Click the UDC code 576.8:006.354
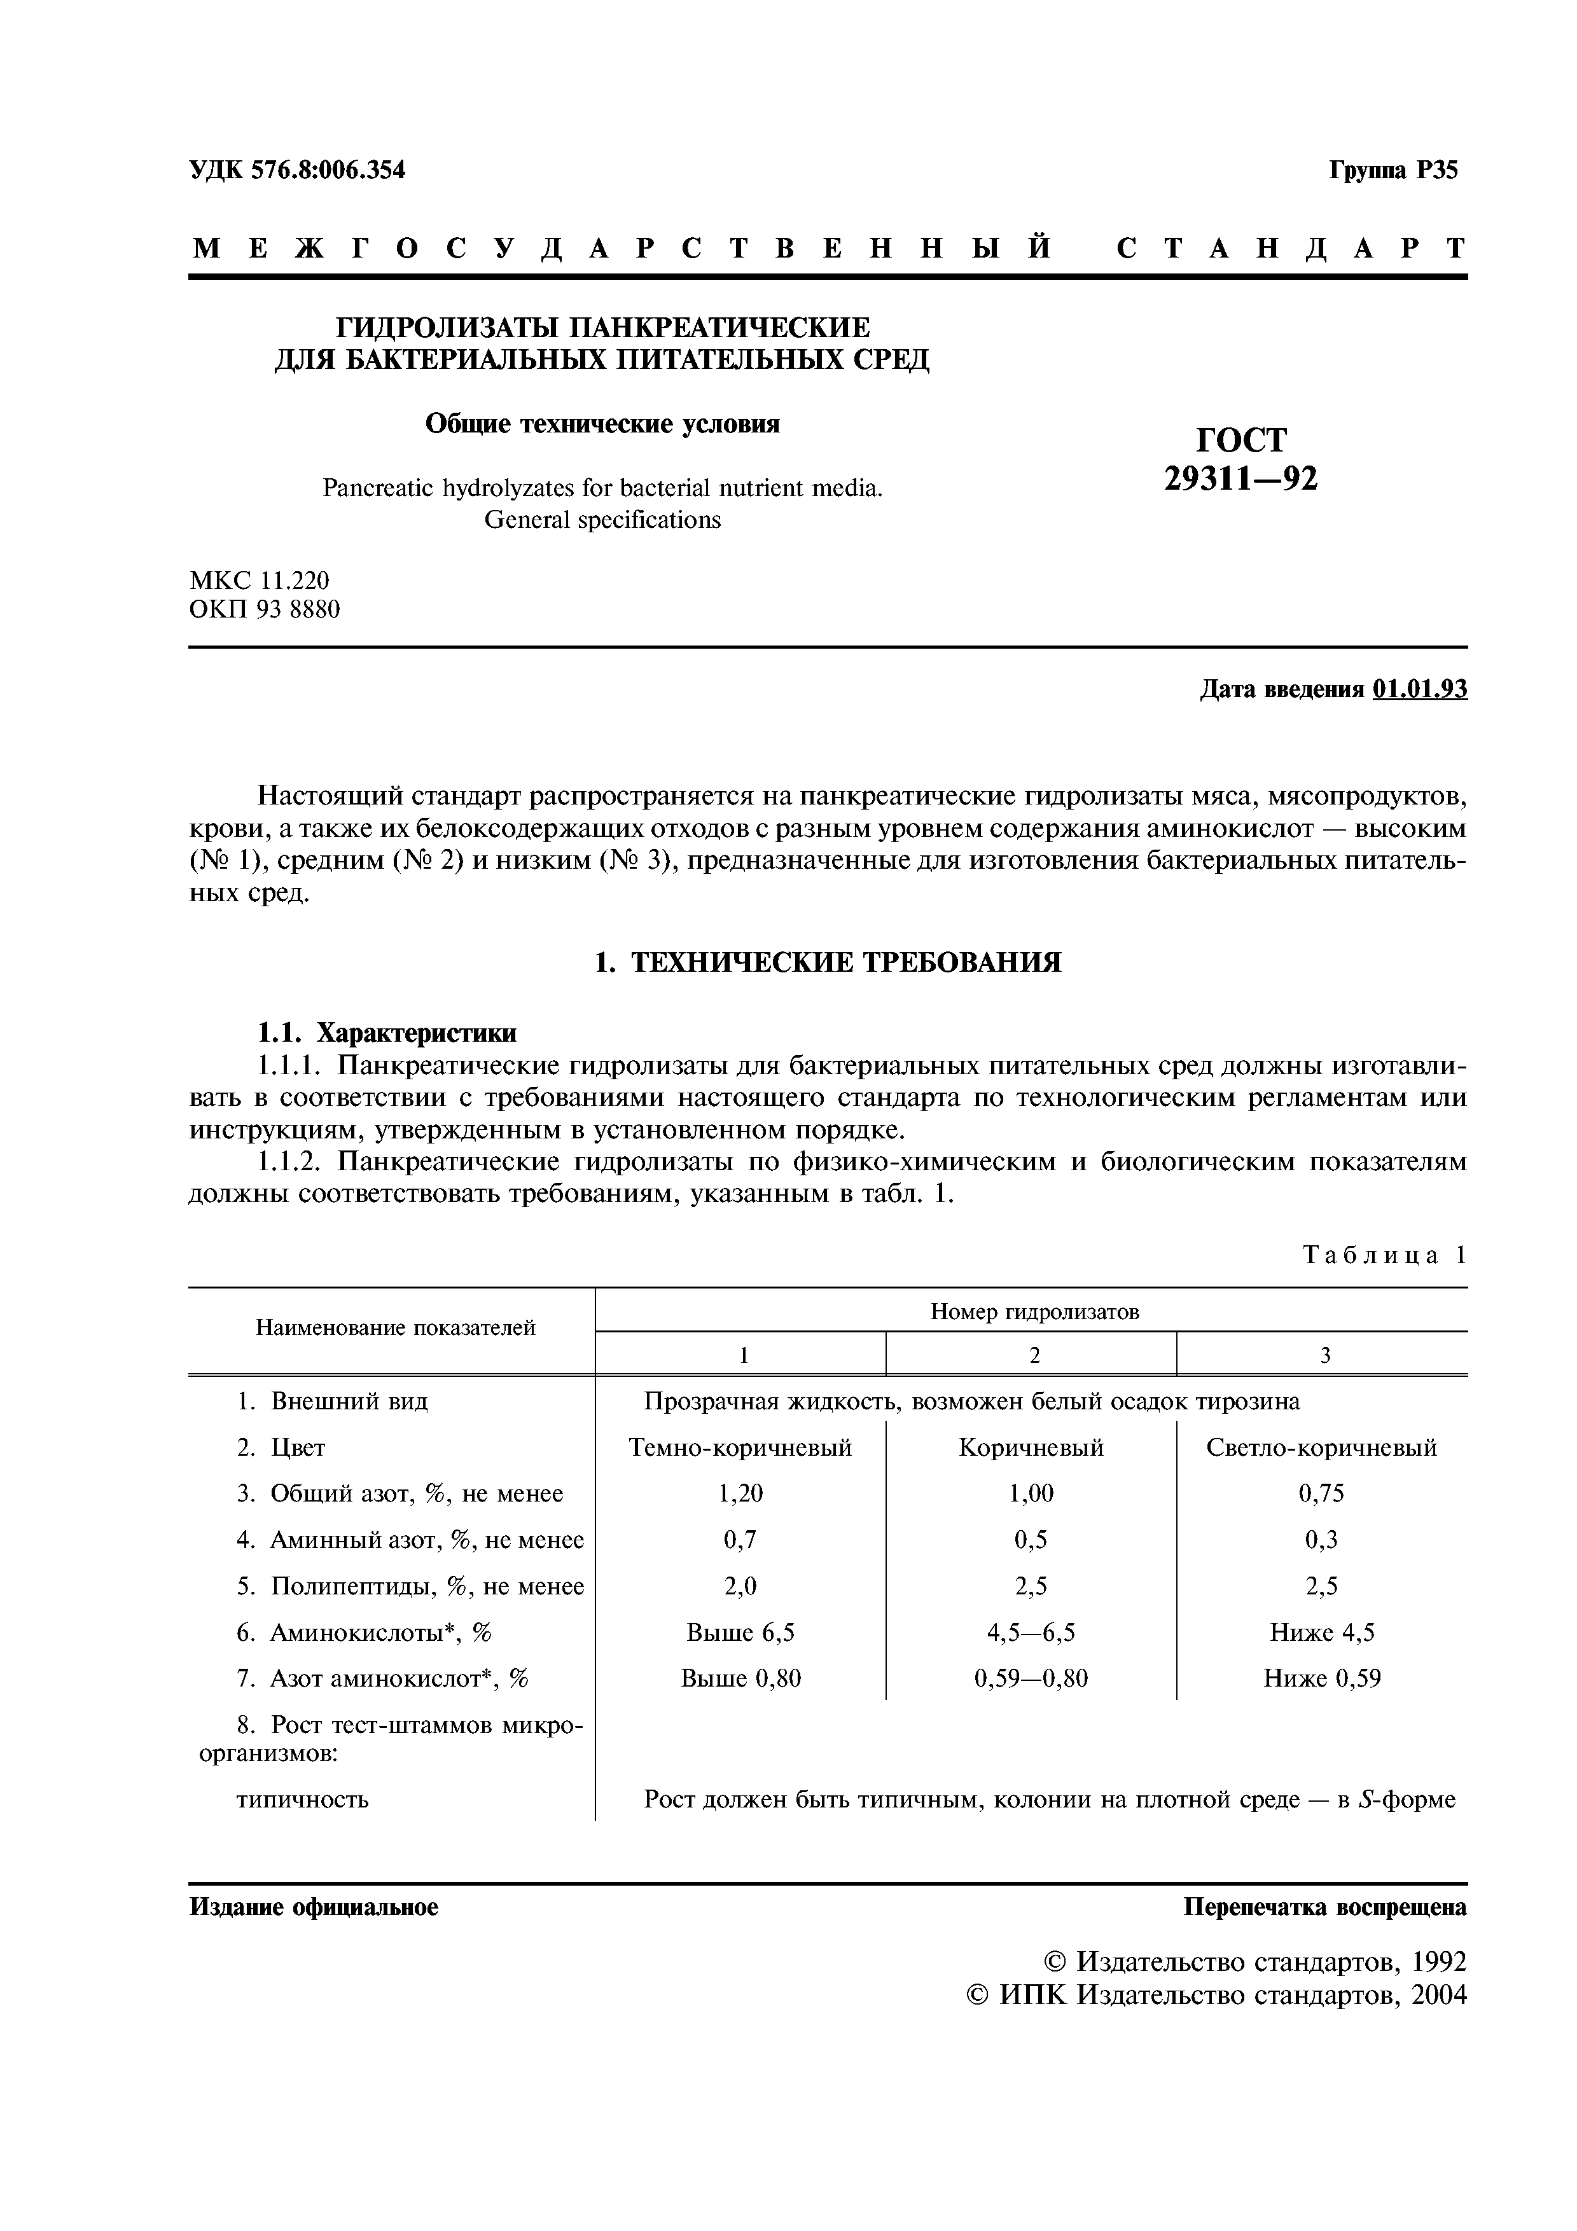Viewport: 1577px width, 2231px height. click(328, 170)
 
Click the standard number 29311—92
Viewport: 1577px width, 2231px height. click(1241, 478)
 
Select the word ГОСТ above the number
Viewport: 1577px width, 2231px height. click(1241, 440)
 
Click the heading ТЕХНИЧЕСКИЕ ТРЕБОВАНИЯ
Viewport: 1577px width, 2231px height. click(845, 962)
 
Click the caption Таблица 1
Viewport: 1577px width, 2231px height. click(1384, 1254)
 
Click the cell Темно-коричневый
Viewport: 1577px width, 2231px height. click(740, 1448)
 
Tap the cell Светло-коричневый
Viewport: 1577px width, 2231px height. click(1321, 1448)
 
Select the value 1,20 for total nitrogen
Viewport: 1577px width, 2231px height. click(740, 1493)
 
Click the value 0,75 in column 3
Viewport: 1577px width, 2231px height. click(1321, 1493)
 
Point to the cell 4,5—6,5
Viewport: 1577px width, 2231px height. click(1031, 1633)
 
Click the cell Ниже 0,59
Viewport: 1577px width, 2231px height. click(1321, 1678)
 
